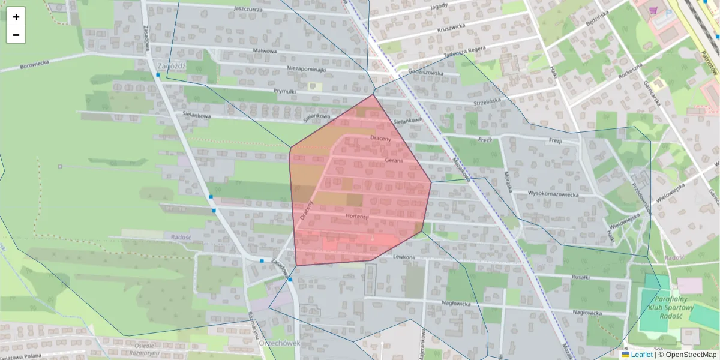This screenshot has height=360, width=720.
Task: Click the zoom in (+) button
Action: [16, 17]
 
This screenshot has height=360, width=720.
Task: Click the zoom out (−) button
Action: [16, 35]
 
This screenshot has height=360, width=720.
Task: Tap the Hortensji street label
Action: [356, 215]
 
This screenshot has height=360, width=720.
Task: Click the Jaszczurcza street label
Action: [250, 9]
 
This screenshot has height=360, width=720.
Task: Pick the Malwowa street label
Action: [265, 51]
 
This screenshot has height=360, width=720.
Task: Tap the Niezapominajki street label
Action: [306, 69]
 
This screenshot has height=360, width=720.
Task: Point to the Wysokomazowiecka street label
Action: [553, 194]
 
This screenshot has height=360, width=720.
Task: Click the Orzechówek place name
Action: [279, 343]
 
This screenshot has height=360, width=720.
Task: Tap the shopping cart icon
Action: [652, 10]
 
